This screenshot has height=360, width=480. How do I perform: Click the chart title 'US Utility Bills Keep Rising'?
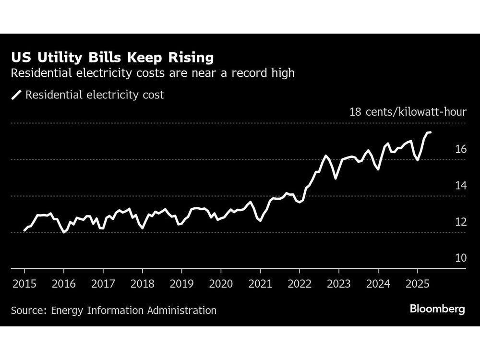[112, 58]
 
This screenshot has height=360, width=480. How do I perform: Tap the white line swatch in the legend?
[17, 95]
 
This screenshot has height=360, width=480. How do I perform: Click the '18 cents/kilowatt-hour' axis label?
[408, 112]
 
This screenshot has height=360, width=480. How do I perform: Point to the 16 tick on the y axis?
[460, 149]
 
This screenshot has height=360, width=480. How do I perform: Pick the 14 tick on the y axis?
[460, 186]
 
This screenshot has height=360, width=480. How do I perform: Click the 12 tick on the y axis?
[460, 222]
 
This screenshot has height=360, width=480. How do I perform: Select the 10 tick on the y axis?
[460, 258]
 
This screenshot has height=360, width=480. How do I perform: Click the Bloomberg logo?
[437, 309]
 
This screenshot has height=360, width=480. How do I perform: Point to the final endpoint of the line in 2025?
[430, 132]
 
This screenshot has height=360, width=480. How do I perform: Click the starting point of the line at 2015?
[24, 230]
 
